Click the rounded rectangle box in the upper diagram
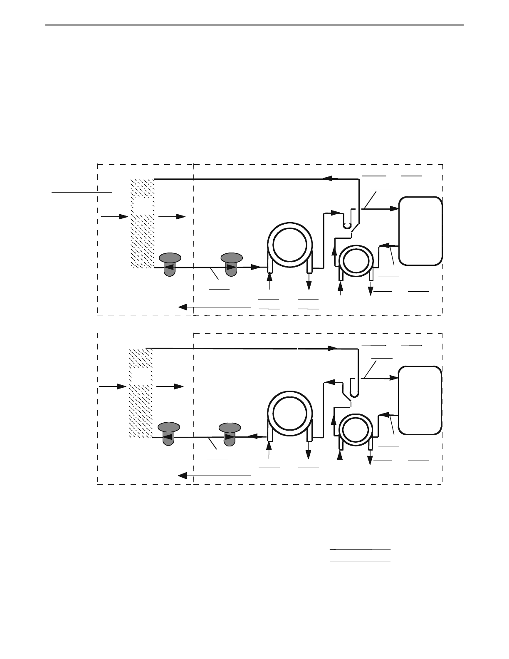(420, 231)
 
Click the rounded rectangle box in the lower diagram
(420, 400)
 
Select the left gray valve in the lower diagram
(168, 433)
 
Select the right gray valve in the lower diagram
(230, 433)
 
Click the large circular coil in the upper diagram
(289, 245)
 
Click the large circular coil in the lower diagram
(289, 415)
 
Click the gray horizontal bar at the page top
(254, 25)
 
